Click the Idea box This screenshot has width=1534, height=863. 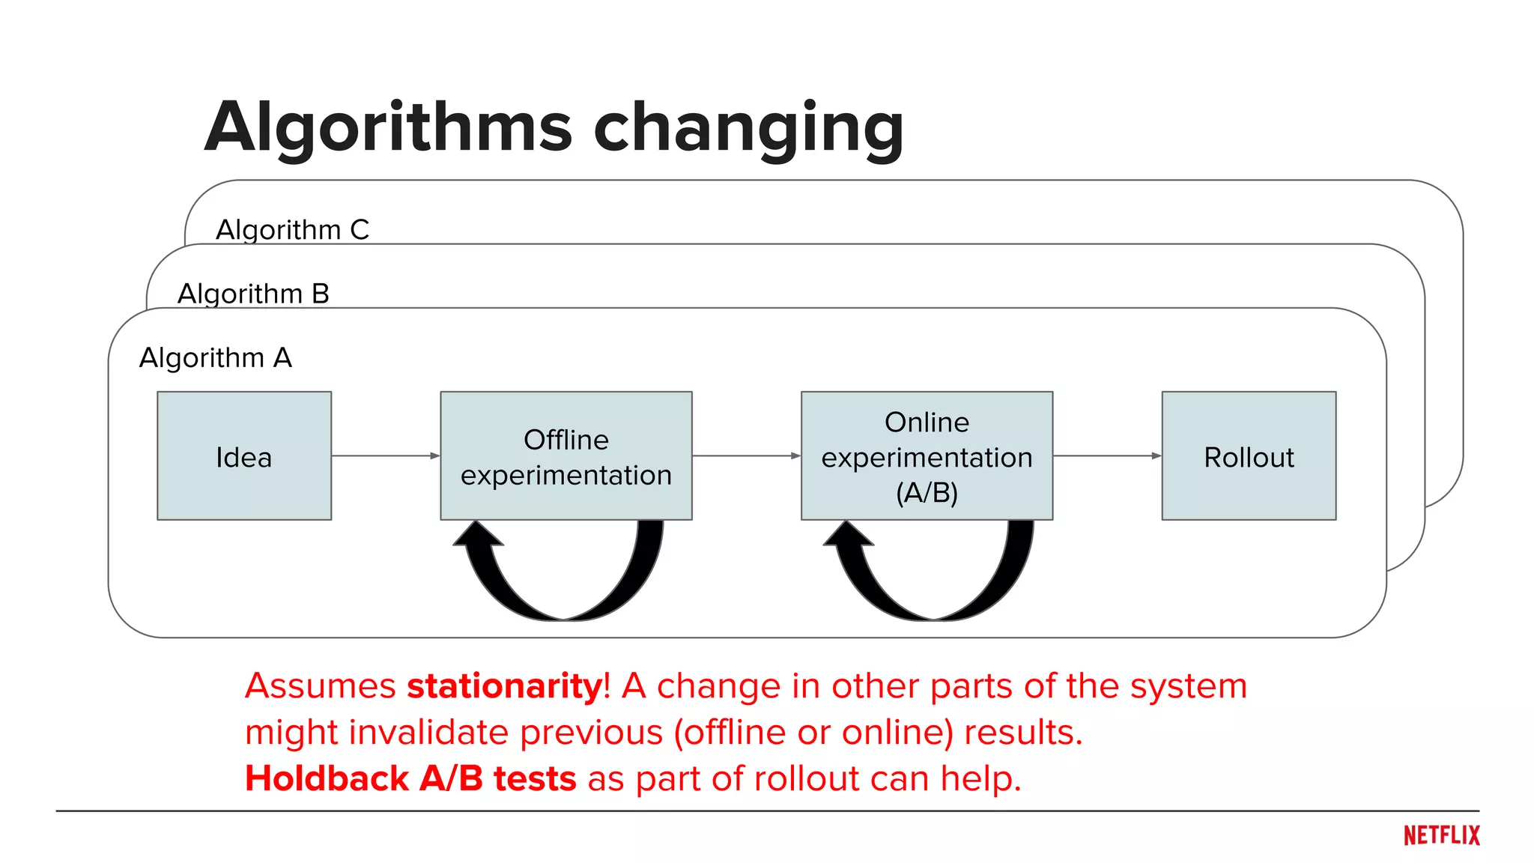(x=244, y=455)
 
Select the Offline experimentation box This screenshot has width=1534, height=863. (x=566, y=455)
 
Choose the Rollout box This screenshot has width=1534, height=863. (x=1249, y=455)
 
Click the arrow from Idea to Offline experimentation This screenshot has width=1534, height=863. (x=386, y=455)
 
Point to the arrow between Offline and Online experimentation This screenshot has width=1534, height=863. (x=746, y=455)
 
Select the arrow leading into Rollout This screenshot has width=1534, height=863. (x=1107, y=455)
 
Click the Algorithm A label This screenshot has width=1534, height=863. (x=216, y=358)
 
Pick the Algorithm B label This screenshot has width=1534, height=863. (x=253, y=294)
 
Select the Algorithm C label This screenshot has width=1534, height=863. (x=292, y=230)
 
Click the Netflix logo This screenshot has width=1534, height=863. (x=1441, y=835)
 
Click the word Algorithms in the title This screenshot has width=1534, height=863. (x=389, y=129)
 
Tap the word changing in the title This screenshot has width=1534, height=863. (x=748, y=129)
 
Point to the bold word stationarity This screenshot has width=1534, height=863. (x=505, y=686)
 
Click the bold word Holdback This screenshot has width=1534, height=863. (x=327, y=779)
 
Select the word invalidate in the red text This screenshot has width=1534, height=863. (x=430, y=733)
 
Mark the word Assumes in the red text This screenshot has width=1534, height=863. (x=320, y=686)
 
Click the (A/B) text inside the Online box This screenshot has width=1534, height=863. (x=927, y=493)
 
